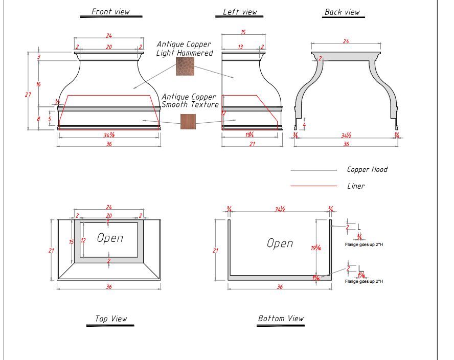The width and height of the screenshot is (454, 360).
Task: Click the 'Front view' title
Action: [110, 11]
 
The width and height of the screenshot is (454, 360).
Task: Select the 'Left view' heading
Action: [240, 12]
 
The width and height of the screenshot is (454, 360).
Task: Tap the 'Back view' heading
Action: [342, 12]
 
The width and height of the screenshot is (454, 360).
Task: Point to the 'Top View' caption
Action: [111, 319]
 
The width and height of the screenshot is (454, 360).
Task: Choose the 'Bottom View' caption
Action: [281, 319]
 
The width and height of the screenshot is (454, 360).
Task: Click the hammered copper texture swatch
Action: [185, 66]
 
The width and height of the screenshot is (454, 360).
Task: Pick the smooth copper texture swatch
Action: [188, 121]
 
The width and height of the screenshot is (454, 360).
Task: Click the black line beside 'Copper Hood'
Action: [313, 170]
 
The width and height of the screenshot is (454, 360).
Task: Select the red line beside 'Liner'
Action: [313, 186]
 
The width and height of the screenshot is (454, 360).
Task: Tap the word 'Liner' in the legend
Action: [356, 186]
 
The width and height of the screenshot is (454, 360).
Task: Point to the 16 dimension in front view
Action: [38, 84]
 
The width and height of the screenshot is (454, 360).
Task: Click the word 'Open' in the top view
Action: [110, 238]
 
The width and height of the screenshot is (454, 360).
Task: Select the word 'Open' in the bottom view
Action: [280, 243]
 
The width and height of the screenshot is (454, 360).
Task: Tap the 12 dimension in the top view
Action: [83, 240]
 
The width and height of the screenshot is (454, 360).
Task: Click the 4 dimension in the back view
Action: [304, 124]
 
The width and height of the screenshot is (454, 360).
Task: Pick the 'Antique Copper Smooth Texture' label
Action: [190, 101]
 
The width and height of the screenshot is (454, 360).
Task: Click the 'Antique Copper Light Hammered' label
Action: [184, 49]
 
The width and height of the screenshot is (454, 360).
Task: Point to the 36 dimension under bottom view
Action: [280, 287]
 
